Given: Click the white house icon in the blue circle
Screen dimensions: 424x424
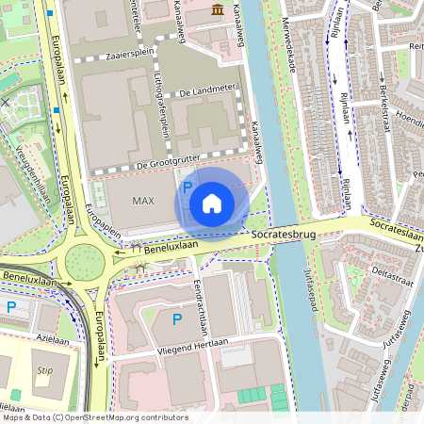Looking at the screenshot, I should (212, 202).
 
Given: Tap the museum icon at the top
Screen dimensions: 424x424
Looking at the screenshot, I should (218, 10).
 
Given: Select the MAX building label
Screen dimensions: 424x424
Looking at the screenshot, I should (143, 201).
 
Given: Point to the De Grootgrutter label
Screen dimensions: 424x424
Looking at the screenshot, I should (170, 163).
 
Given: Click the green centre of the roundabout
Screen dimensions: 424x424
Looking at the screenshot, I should (84, 257).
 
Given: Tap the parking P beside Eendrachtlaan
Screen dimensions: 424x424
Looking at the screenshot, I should (176, 320).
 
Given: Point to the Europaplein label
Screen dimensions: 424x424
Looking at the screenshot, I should (105, 220).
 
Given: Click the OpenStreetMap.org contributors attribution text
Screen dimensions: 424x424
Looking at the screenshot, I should (122, 417).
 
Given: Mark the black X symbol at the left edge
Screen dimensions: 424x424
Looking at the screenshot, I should (6, 102).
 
